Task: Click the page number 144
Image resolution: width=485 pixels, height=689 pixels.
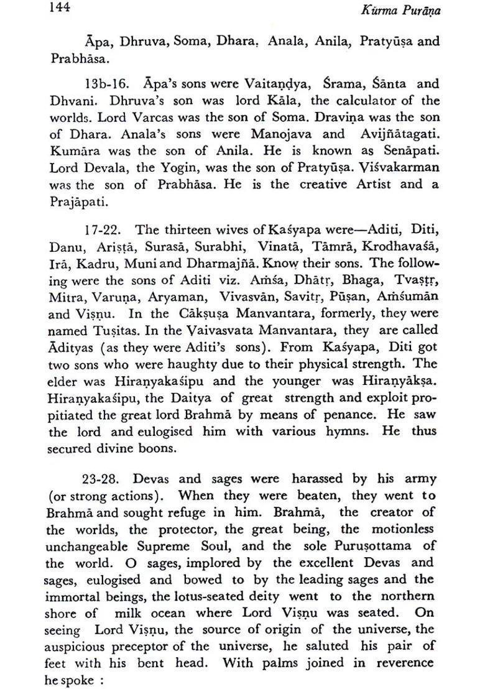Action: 60,8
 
